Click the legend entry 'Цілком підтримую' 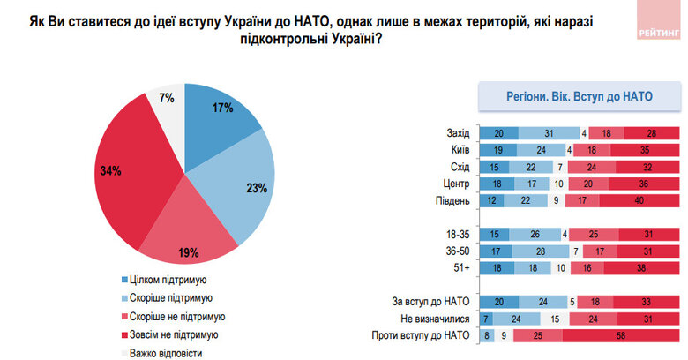[x=168, y=281]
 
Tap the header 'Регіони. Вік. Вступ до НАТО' [x=579, y=96]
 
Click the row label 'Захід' [x=456, y=133]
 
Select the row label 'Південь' [x=452, y=200]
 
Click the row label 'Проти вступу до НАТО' [x=423, y=334]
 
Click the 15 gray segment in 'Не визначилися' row [x=555, y=318]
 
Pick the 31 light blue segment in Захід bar [x=549, y=133]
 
